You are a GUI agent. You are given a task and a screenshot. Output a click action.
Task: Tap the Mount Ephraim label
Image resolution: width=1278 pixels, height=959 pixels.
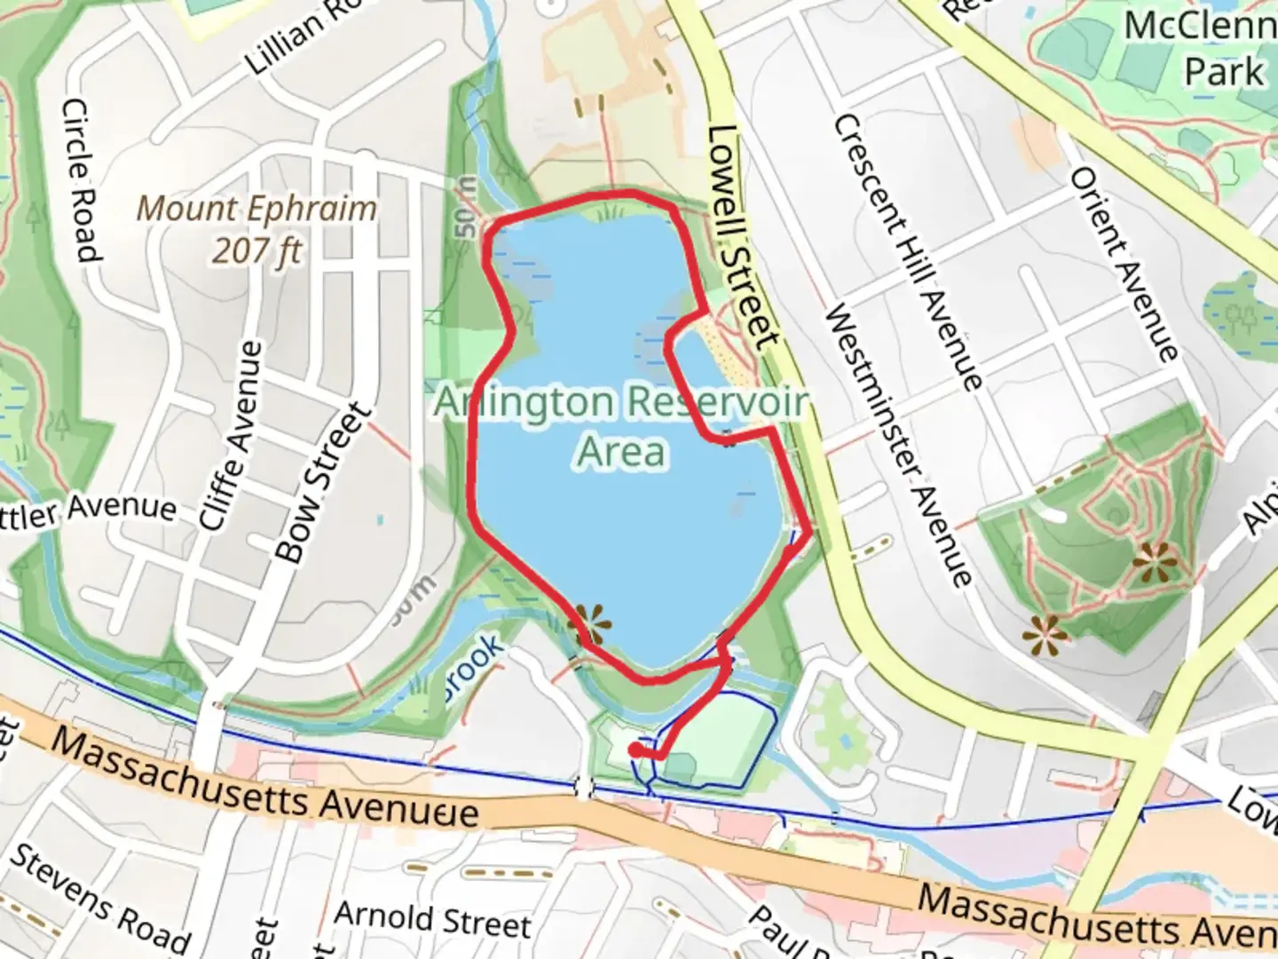256,210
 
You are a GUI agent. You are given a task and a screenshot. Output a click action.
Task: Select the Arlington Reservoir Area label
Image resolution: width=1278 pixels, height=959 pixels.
621,427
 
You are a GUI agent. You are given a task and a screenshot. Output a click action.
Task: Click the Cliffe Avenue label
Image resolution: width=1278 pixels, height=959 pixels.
232,435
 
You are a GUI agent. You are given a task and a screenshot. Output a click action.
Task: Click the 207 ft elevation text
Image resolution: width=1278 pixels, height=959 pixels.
256,251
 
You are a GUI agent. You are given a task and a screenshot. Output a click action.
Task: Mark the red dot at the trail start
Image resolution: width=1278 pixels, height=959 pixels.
635,750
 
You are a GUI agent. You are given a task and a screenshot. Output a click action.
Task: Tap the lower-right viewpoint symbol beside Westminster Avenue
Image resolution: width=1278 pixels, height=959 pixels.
1044,635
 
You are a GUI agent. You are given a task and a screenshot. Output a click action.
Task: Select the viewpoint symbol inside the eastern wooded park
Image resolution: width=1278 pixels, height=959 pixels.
1155,562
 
